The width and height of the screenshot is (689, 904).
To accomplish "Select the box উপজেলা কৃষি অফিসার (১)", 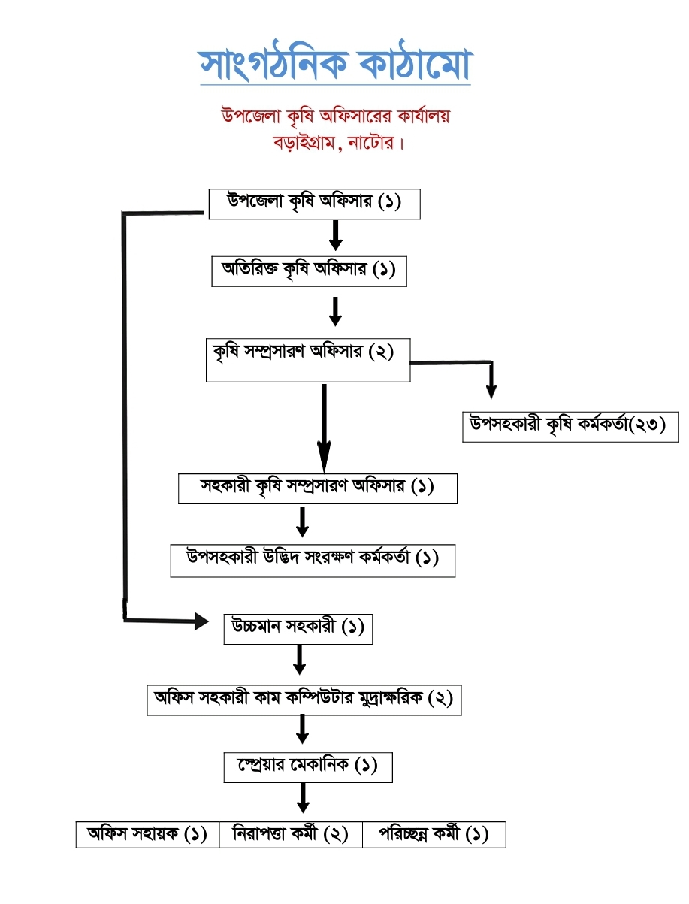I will (x=313, y=204).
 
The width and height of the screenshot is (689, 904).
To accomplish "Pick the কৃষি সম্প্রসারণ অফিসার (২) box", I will (x=308, y=361).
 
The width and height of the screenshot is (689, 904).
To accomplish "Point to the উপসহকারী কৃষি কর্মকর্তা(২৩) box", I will (x=570, y=426).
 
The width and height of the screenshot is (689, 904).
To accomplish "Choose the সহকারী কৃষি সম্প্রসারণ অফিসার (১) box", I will (x=317, y=488).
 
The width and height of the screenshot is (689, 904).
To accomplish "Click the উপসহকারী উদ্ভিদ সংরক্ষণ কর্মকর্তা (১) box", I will (x=313, y=561).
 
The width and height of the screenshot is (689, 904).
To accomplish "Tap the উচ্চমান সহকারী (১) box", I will (x=298, y=628).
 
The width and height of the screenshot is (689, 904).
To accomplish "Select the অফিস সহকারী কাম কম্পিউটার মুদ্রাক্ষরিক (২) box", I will (x=304, y=700).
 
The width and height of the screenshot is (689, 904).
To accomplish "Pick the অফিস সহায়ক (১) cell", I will (x=147, y=835).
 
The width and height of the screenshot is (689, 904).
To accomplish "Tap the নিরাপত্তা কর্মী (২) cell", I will (x=291, y=835).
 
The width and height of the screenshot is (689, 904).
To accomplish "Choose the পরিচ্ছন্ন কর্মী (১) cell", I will (x=434, y=835).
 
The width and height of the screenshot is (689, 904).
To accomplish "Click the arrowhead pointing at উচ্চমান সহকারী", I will (x=200, y=621).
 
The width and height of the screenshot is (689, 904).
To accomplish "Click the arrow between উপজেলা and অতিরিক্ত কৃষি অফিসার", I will (x=336, y=235).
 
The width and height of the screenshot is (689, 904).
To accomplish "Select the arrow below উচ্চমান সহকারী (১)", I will (x=299, y=660).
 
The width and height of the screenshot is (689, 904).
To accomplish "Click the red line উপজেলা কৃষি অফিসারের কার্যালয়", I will (x=335, y=117).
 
